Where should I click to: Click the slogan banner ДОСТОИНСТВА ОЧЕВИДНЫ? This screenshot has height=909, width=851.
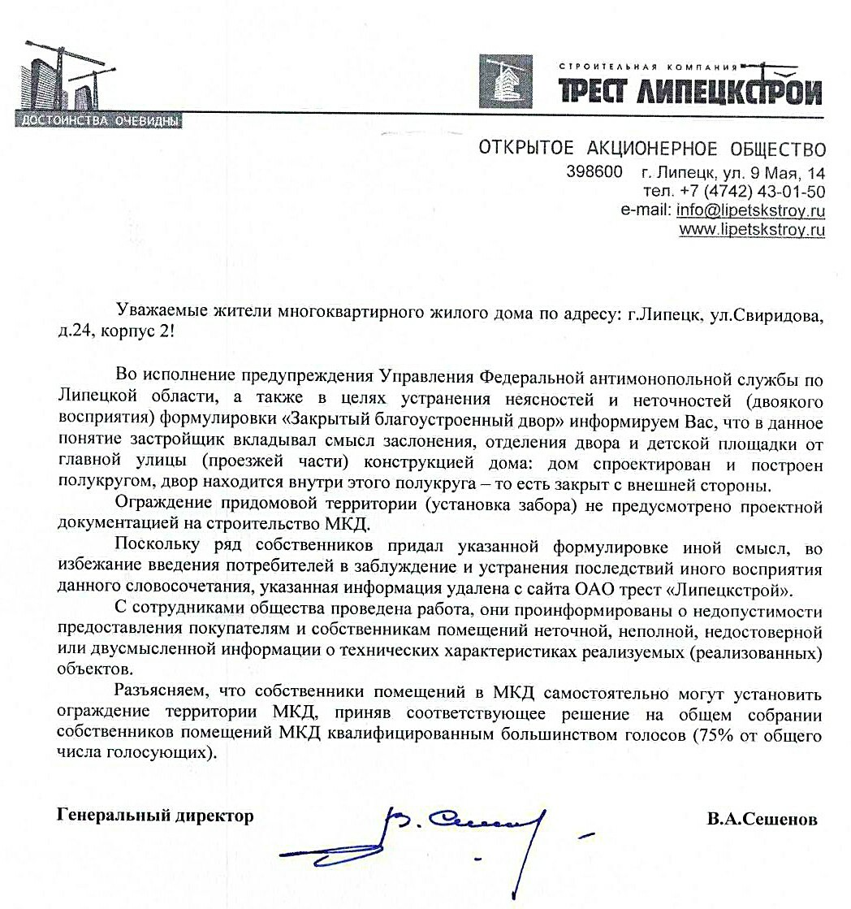click(x=97, y=122)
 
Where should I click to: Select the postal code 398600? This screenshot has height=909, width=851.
click(x=594, y=172)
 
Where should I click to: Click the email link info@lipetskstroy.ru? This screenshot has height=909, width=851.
click(x=750, y=210)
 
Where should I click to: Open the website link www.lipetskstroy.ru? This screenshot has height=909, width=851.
click(x=752, y=230)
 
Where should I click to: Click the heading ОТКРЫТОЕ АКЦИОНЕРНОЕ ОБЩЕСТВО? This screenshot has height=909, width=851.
click(x=651, y=149)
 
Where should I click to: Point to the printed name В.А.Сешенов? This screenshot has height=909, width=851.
click(x=762, y=819)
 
